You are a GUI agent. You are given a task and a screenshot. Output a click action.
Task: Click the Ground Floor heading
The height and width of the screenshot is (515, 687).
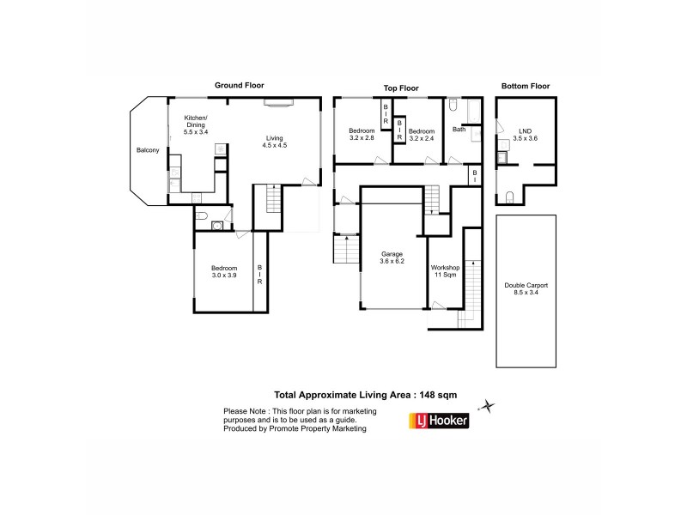(239, 85)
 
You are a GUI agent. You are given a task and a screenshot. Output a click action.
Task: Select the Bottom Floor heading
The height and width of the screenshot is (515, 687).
(525, 86)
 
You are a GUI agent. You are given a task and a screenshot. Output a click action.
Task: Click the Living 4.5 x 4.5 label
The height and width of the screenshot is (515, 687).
(274, 142)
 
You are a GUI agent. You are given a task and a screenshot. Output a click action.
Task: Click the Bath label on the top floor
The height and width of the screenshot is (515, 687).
(459, 130)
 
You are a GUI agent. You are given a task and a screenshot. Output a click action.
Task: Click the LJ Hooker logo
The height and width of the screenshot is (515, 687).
(437, 421)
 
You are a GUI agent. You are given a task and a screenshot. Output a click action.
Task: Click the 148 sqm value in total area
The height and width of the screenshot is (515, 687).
(436, 395)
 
